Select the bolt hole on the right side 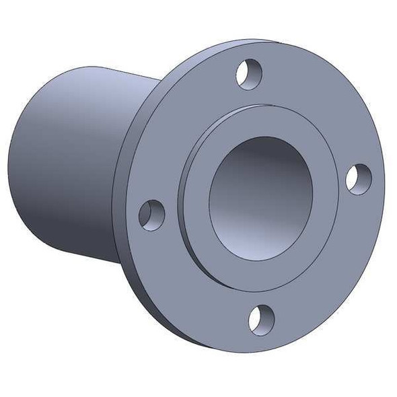(x=359, y=178)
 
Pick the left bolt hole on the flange (x=152, y=215)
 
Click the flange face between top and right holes (x=323, y=108)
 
